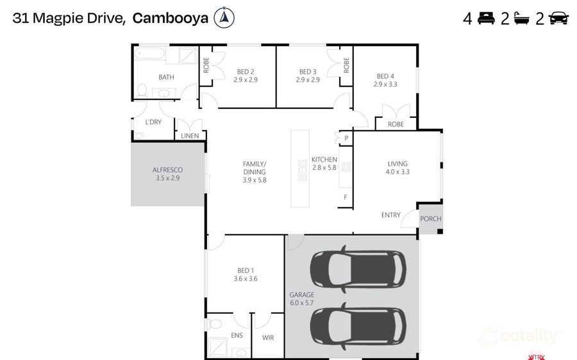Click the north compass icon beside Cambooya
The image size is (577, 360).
coord(224,18)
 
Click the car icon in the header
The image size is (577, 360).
coord(558,19)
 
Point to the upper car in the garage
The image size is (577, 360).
coord(358,268)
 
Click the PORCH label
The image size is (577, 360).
coord(430,219)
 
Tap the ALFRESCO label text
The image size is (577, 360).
coord(167,170)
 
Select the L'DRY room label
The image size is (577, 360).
coord(153,122)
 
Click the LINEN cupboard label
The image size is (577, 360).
coord(190,136)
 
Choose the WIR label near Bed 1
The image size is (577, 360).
coord(268,337)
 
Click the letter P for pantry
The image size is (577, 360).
coord(346,138)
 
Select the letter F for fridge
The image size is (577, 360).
coord(346,197)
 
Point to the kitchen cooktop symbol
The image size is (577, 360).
coord(346,167)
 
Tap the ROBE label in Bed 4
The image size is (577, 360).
coord(396,124)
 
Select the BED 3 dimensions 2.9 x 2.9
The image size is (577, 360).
coord(308,80)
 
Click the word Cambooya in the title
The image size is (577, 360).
coord(170,19)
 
